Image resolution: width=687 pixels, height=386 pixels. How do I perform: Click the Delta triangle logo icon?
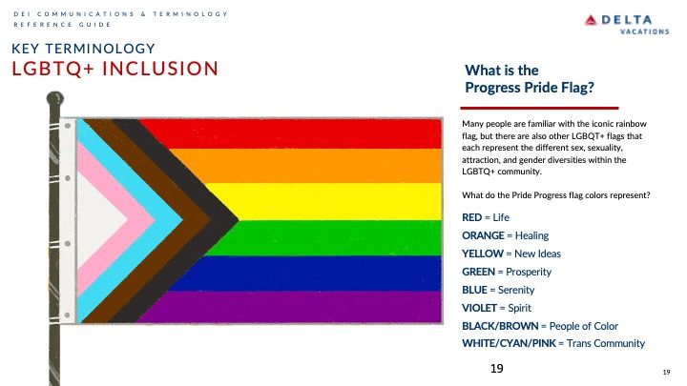coord(591,20)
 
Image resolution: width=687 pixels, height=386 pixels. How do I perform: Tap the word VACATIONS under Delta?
coord(644,31)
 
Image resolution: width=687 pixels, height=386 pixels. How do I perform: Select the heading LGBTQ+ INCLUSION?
coord(114,69)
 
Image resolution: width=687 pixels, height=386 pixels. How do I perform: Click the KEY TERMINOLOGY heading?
coord(83,49)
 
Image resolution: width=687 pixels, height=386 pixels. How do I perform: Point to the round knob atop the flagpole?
coord(55,98)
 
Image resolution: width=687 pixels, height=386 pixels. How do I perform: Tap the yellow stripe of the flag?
coord(333,201)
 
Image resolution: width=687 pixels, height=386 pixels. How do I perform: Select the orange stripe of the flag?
coord(306,166)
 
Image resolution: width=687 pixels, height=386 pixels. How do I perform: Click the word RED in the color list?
coord(472,217)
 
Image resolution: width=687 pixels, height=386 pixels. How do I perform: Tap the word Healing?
coord(531,236)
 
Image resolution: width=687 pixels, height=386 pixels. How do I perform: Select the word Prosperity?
coord(529,272)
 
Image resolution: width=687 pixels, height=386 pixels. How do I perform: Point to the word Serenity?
coord(516,290)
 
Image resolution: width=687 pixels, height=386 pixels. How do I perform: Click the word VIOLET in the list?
coord(479,308)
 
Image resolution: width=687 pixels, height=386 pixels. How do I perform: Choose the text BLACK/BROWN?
coord(500,326)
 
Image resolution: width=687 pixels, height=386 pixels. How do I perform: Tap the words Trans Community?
coord(606,343)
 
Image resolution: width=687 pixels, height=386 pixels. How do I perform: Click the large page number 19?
coord(497,369)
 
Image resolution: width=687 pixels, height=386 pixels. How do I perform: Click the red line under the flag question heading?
coord(539,108)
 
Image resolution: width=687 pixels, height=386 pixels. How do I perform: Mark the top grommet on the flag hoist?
coord(68,126)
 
